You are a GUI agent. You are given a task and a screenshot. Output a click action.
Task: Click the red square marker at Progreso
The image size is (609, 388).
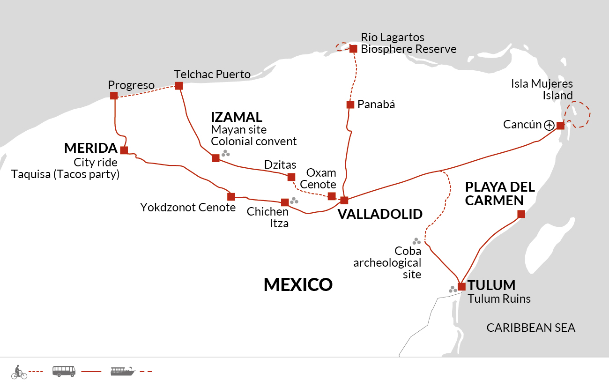pyautogui.click(x=114, y=96)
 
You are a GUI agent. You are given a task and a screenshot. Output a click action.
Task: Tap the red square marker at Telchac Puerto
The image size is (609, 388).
pyautogui.click(x=178, y=86)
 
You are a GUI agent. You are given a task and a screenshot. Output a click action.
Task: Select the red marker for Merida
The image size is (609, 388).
pyautogui.click(x=124, y=150)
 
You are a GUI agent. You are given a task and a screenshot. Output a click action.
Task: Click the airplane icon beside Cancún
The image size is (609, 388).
pyautogui.click(x=550, y=125)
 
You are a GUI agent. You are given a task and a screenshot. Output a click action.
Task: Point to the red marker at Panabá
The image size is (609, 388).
pyautogui.click(x=350, y=104)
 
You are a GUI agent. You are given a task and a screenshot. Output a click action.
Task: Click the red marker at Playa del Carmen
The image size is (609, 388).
pyautogui.click(x=521, y=215)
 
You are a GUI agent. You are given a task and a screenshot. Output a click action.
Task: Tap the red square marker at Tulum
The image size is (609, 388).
pyautogui.click(x=461, y=286)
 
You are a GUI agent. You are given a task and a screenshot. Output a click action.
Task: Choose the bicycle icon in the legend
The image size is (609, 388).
pyautogui.click(x=19, y=372)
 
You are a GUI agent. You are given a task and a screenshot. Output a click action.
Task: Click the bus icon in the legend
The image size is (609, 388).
pyautogui.click(x=64, y=372)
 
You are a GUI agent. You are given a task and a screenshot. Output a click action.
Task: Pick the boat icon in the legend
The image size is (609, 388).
pyautogui.click(x=123, y=372)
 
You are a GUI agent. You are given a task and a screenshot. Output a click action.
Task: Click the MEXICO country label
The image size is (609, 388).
pyautogui.click(x=298, y=284)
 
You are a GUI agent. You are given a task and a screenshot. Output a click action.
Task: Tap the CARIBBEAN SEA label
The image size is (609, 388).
pyautogui.click(x=531, y=328)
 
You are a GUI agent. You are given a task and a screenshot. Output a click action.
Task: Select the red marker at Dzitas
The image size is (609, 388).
pyautogui.click(x=291, y=177)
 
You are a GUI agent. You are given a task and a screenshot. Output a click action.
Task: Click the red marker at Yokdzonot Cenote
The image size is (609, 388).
pyautogui.click(x=231, y=197)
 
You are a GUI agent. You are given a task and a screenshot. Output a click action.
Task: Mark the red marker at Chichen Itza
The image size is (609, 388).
pyautogui.click(x=285, y=202)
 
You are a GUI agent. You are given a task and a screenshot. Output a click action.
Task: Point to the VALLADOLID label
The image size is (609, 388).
pyautogui.click(x=380, y=214)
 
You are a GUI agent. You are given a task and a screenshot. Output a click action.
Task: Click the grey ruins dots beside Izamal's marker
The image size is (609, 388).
pyautogui.click(x=226, y=153)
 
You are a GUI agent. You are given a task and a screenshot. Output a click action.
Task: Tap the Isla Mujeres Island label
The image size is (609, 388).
pyautogui.click(x=542, y=90)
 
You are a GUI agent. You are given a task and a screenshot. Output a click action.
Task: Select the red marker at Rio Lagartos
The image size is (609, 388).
pyautogui.click(x=353, y=48)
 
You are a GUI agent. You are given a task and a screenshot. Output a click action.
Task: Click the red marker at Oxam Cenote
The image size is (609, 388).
pyautogui.click(x=332, y=196)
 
